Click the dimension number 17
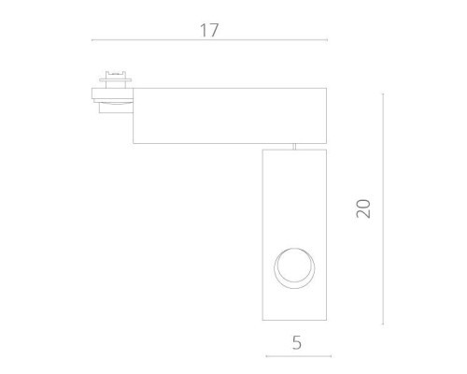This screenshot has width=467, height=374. coord(208,30)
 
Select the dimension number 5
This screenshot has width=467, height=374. coord(296,342)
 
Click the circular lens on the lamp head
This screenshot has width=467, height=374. coord(296,269)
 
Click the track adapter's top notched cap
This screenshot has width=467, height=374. coord(117,73)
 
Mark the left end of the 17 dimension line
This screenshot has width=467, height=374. coord(92,41)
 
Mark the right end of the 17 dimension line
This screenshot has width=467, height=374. coord(327,41)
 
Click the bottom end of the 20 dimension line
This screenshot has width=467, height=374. coord(384,325)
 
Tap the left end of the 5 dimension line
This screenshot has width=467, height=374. coord(266,356)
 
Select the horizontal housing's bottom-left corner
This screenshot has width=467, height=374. coord(133,142)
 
